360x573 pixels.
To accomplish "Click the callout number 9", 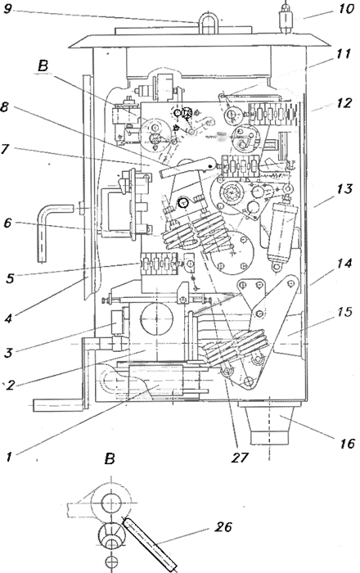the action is (7, 8).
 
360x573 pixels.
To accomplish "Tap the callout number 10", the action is (345, 8).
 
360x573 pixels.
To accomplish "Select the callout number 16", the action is (346, 444).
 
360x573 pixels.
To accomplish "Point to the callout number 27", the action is (239, 457).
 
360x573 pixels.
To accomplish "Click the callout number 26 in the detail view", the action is (223, 526).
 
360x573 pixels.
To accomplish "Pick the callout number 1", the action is (10, 457).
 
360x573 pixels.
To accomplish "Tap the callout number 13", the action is (344, 189).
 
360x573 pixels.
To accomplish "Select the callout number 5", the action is (10, 278).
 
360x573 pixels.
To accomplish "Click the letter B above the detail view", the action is (110, 458).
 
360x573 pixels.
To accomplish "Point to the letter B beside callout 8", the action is (43, 65).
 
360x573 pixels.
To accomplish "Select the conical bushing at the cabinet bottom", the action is (270, 424).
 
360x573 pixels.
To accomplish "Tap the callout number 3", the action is (8, 353).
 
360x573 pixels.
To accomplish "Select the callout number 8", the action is (4, 108).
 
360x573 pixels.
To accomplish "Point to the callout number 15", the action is (344, 312).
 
